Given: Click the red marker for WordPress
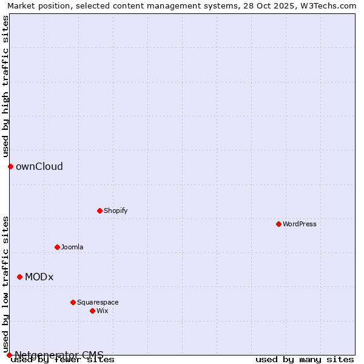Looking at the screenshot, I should (278, 224).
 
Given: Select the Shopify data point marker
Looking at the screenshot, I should (99, 211).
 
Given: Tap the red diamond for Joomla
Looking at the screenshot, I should (57, 247).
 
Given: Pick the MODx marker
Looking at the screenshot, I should (19, 277).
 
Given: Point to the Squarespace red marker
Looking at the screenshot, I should (73, 302).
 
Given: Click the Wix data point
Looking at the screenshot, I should (92, 311).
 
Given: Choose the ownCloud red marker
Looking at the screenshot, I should (10, 166).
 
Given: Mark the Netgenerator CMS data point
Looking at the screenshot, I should (9, 355).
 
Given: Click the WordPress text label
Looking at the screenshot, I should (300, 224).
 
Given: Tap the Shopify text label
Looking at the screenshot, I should (115, 211).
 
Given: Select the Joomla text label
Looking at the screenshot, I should (72, 247).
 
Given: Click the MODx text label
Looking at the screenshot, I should (39, 277).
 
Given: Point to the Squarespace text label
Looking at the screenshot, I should (98, 302).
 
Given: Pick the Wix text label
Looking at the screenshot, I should (103, 311).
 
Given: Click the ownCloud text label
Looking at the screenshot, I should (39, 166).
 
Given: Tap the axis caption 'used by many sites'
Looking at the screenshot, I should (305, 359).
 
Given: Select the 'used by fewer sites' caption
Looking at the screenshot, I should (63, 360).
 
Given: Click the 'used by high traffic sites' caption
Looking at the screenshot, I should (5, 86).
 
